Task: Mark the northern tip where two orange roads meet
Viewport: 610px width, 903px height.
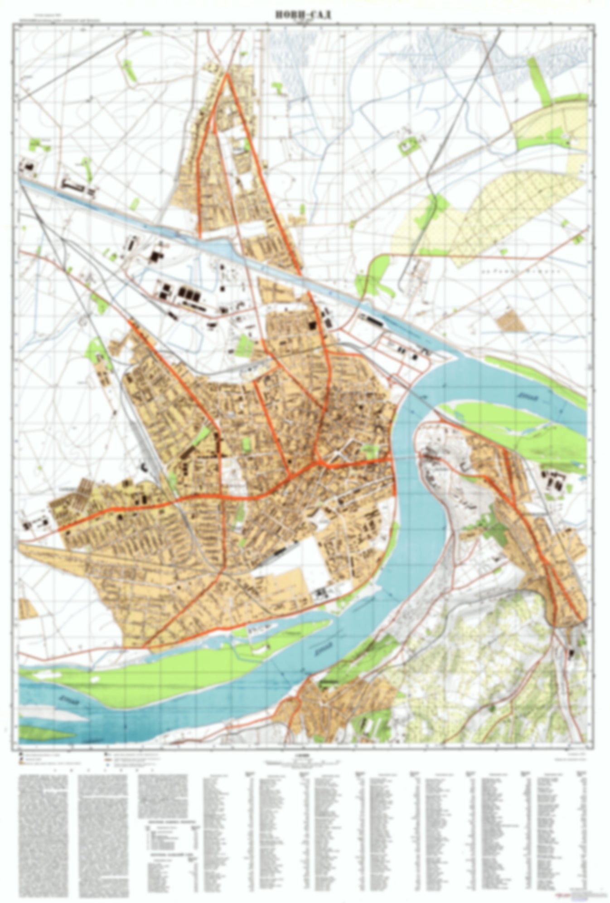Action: pyautogui.click(x=226, y=74)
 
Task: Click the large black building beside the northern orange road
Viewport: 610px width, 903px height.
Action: pyautogui.click(x=312, y=325)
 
